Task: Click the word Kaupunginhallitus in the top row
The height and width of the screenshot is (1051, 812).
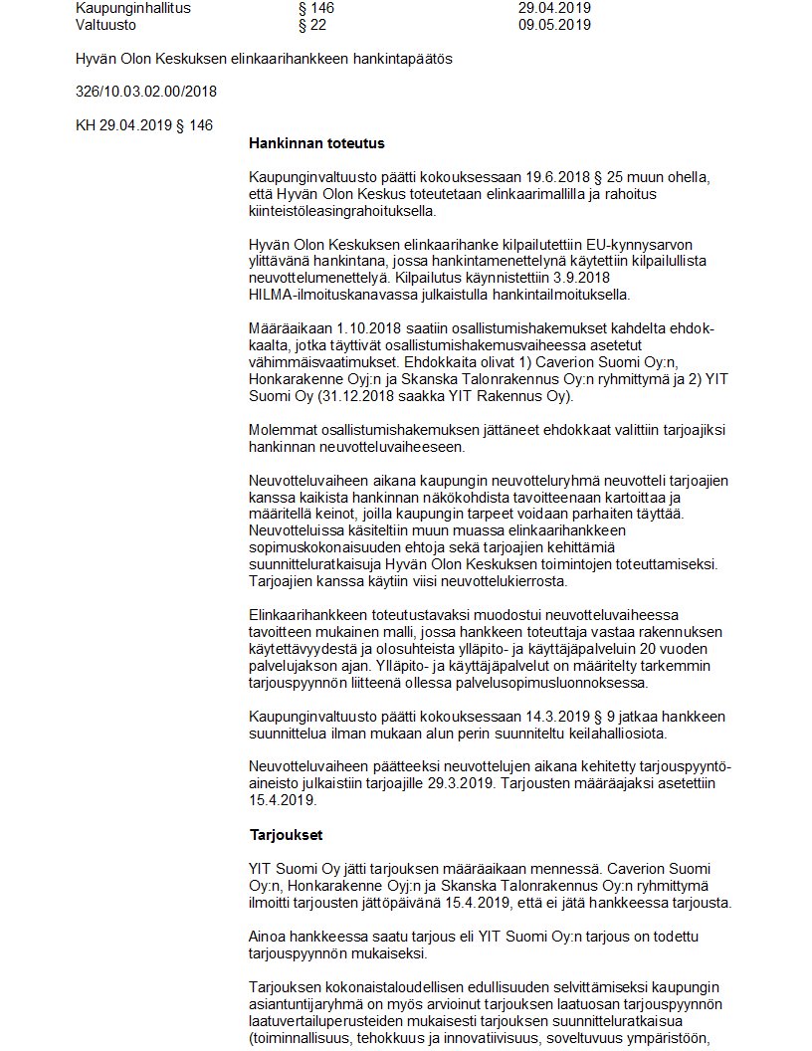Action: coord(133,8)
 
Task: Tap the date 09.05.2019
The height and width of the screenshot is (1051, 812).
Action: coord(554,25)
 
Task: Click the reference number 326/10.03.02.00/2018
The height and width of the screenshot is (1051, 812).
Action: coord(146,92)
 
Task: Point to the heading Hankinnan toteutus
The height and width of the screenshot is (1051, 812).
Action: coord(317,143)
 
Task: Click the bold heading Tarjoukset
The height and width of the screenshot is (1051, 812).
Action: coord(286,834)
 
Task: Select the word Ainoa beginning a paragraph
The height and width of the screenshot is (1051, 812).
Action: coord(270,937)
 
